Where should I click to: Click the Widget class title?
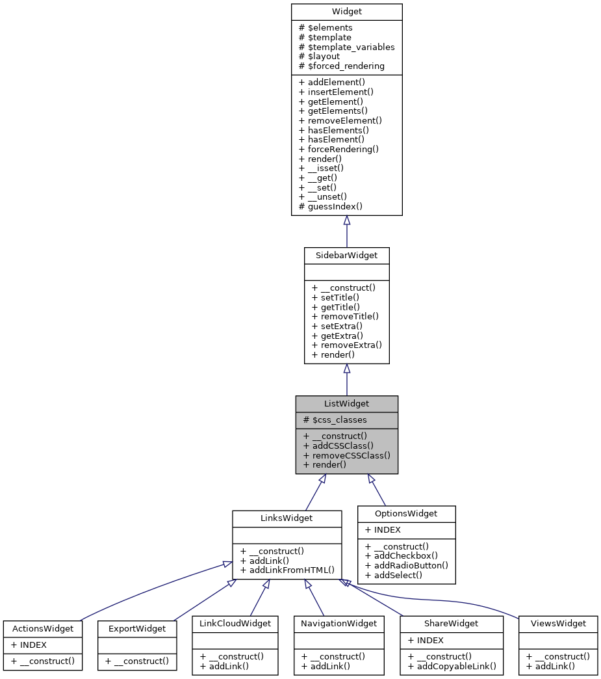click(x=346, y=12)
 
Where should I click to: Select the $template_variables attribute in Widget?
click(x=346, y=47)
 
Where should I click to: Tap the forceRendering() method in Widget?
click(x=339, y=149)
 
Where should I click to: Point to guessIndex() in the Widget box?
click(x=330, y=206)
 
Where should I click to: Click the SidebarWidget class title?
click(x=346, y=255)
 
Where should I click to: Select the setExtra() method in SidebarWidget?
click(x=337, y=326)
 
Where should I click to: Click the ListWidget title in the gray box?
click(x=346, y=404)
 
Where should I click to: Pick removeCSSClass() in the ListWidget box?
click(x=346, y=455)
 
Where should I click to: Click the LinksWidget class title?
click(x=287, y=518)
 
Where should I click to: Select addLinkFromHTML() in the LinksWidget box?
click(x=287, y=570)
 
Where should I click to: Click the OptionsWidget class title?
click(x=407, y=514)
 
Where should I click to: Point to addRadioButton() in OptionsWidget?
click(x=407, y=565)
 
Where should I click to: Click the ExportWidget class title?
click(x=136, y=628)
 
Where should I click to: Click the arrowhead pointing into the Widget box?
click(x=346, y=220)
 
